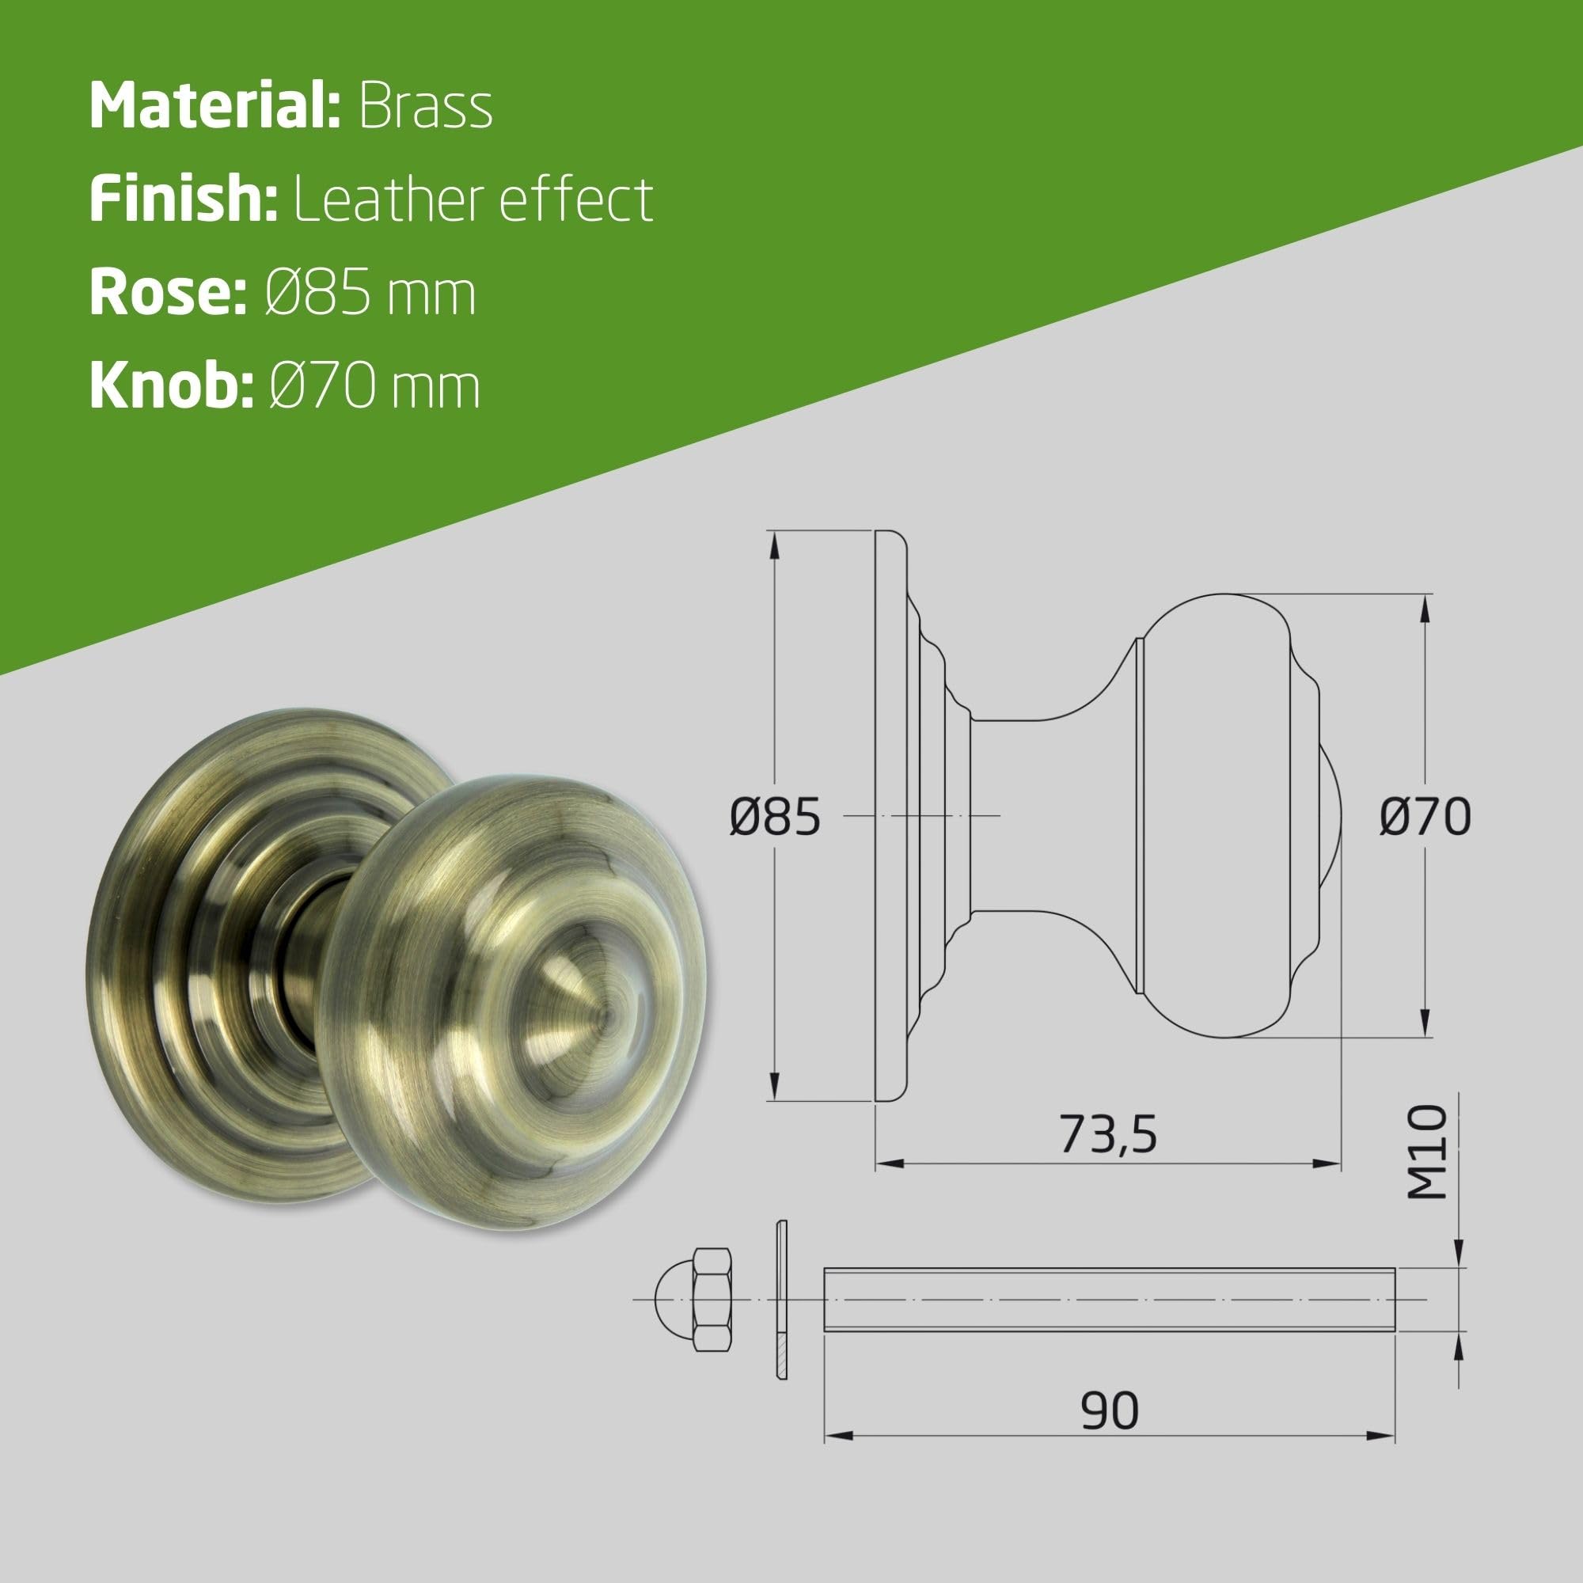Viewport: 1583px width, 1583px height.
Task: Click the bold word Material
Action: pyautogui.click(x=214, y=106)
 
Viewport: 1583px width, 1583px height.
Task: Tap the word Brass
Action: pyautogui.click(x=425, y=106)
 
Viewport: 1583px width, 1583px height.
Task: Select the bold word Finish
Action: pyautogui.click(x=184, y=199)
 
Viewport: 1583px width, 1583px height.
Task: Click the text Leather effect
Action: pyautogui.click(x=473, y=199)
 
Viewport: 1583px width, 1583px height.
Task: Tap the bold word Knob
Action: pyautogui.click(x=171, y=386)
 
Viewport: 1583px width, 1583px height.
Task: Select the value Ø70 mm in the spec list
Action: pyautogui.click(x=374, y=386)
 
